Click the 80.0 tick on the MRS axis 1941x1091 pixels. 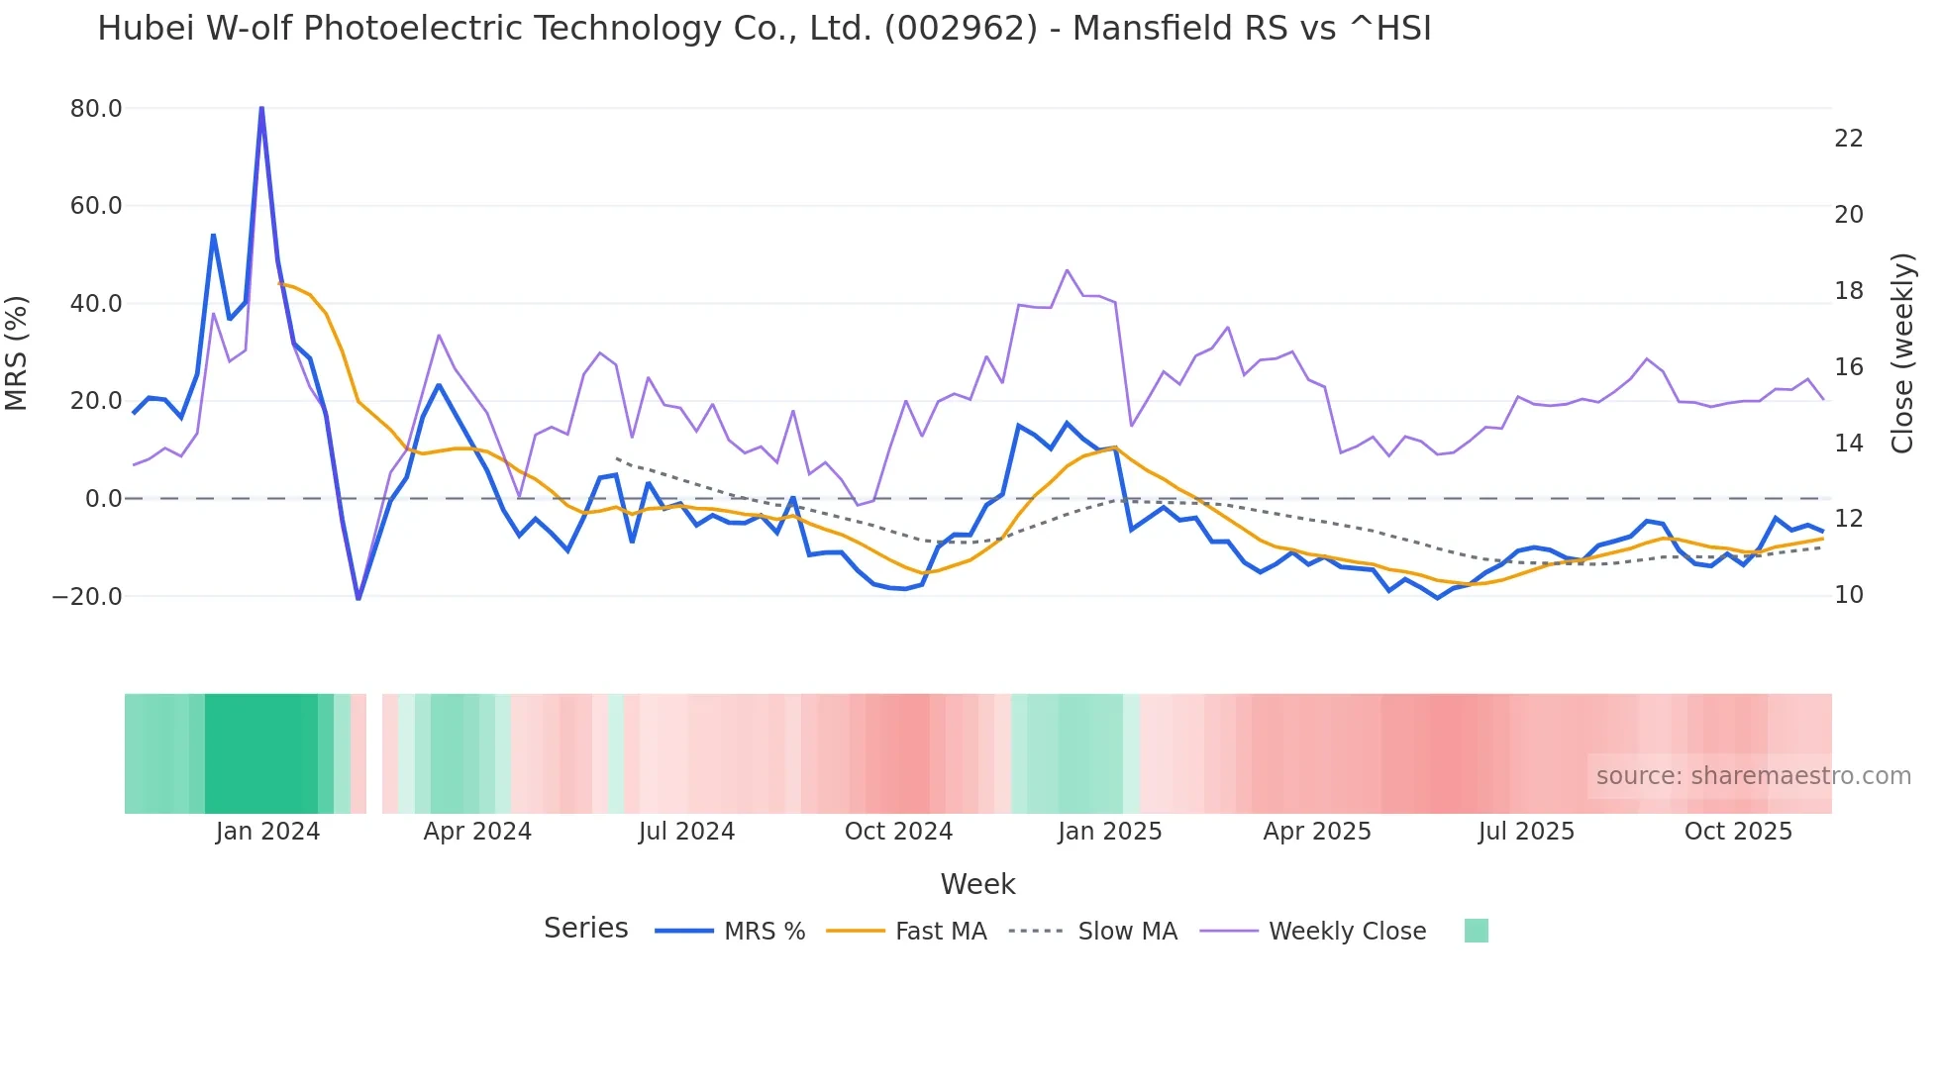(96, 108)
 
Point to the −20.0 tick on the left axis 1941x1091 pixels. (87, 596)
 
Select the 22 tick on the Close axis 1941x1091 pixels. (1848, 139)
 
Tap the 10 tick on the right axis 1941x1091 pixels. (1848, 595)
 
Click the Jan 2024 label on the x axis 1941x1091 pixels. (267, 832)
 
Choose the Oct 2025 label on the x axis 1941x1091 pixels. (1738, 832)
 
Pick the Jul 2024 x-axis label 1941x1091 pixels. (686, 832)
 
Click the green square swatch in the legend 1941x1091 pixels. (1476, 931)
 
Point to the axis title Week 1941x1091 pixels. (977, 884)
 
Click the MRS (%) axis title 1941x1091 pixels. (17, 352)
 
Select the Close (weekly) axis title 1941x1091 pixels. (1902, 352)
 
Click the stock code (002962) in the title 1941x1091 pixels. (961, 29)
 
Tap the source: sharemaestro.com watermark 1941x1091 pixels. (1753, 776)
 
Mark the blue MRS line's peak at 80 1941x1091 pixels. (261, 108)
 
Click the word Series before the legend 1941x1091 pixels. (585, 929)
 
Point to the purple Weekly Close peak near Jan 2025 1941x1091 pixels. (1067, 270)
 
